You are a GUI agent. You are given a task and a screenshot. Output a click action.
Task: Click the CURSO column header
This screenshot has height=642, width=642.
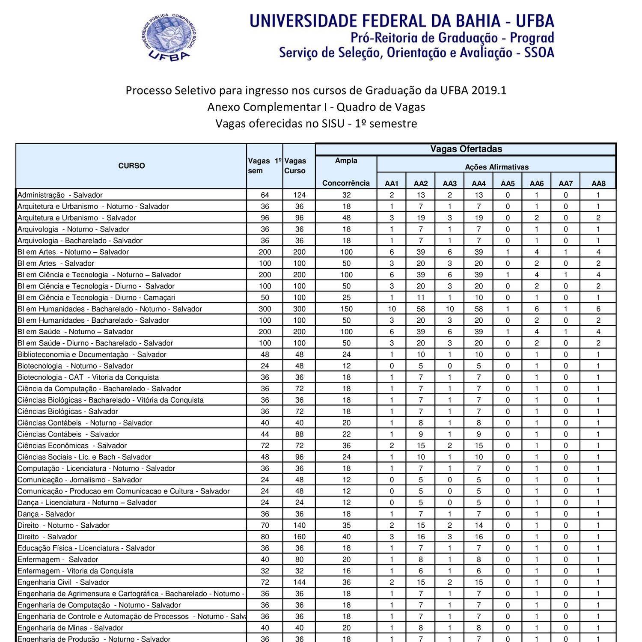point(131,166)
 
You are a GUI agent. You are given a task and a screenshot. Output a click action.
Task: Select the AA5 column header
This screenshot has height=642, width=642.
point(508,184)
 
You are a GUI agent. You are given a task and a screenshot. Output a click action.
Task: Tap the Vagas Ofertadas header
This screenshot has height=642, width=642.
point(466,149)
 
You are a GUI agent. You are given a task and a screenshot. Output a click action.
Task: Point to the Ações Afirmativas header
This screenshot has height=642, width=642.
point(496,167)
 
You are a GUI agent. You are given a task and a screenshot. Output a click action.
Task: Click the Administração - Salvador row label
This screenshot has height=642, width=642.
point(60,195)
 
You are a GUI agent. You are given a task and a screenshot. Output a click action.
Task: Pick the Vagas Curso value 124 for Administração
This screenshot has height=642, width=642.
point(299,195)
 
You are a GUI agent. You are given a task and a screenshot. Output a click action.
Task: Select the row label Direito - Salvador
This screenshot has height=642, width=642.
point(47,537)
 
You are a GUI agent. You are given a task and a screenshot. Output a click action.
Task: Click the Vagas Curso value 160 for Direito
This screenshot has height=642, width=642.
point(299,537)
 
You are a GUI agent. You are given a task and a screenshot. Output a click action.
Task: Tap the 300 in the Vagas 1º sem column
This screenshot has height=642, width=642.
point(265,309)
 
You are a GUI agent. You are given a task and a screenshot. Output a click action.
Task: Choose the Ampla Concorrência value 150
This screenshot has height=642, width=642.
point(346,309)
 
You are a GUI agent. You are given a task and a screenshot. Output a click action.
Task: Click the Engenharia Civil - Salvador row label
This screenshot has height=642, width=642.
point(63,582)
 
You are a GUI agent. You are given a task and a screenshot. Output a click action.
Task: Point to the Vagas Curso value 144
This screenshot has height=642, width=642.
point(299,582)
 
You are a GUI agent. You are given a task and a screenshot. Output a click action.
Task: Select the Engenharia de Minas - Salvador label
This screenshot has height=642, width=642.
point(70,628)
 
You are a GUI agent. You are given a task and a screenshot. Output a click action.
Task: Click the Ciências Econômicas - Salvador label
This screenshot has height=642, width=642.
point(72,446)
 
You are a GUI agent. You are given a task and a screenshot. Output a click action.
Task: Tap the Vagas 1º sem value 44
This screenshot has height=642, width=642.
point(265,434)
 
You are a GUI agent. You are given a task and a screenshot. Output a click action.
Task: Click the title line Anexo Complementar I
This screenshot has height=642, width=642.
point(316,107)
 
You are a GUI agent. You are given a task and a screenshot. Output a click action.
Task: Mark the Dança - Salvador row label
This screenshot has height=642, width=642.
point(46,514)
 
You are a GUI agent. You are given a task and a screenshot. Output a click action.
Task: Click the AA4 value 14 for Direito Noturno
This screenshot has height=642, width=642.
point(479,525)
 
